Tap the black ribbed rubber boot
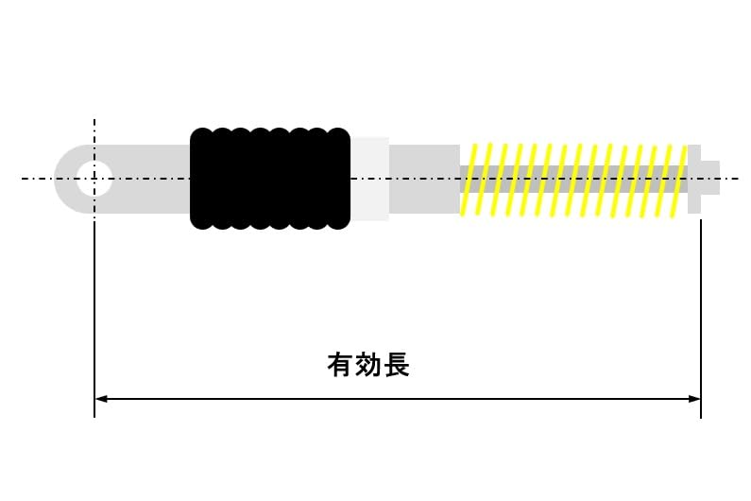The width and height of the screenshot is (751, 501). coord(270,178)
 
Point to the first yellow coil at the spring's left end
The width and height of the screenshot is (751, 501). coord(469,180)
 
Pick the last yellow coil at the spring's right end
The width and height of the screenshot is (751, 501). coord(676,180)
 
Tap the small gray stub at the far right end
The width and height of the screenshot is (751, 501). coord(710,178)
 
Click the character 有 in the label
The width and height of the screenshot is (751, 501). coord(340,365)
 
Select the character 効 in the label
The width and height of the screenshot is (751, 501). coord(368,365)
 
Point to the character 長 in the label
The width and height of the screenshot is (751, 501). coord(397,365)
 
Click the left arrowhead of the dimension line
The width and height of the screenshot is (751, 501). coord(101,399)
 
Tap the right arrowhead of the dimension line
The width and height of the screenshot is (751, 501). coord(694,399)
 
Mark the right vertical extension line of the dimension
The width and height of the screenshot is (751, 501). coord(700,312)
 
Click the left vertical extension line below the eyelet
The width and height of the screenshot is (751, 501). coord(94,312)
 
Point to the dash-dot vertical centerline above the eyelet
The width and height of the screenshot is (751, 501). coord(94,132)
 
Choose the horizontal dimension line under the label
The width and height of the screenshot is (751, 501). coord(397,399)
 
